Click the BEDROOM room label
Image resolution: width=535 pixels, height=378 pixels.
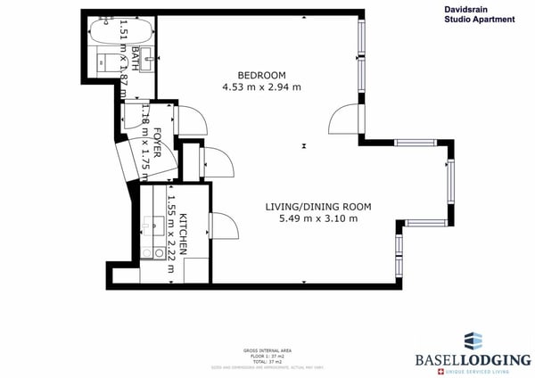point(261,74)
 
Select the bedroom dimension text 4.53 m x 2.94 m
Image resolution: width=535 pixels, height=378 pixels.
point(261,87)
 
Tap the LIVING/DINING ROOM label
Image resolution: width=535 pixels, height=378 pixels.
point(318,206)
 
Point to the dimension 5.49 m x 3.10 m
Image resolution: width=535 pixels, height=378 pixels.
point(318,218)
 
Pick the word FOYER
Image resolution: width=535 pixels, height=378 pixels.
point(157,144)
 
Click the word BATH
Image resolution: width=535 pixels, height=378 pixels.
point(136,58)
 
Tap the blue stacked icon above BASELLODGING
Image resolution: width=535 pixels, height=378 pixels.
point(473,340)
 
